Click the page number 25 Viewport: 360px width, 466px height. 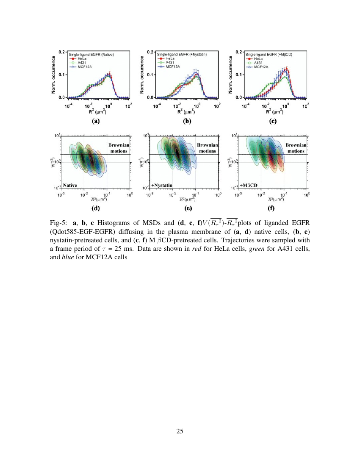click(x=180, y=431)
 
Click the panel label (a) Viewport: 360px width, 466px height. click(x=96, y=121)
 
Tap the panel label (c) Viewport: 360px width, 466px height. click(x=273, y=121)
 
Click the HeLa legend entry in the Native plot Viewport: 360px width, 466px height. click(x=83, y=58)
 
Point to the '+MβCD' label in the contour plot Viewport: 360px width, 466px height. click(x=249, y=185)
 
